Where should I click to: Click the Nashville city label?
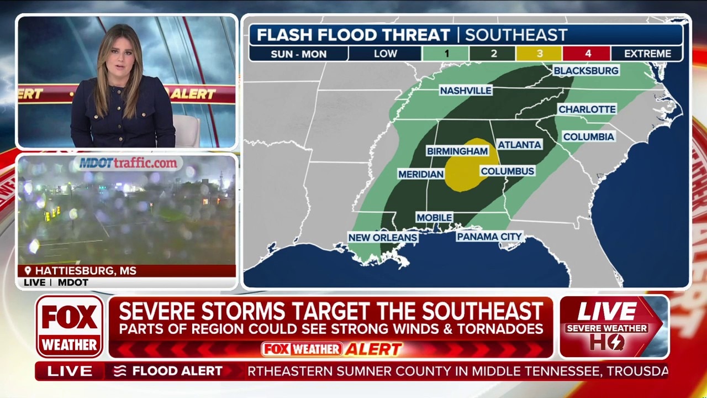[x=466, y=90]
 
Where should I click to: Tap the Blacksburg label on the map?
[x=585, y=70]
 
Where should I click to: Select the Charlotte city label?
[x=587, y=109]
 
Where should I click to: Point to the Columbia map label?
[x=588, y=137]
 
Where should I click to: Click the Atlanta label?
[x=519, y=144]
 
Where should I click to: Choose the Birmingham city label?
[x=457, y=151]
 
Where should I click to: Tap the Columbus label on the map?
[x=507, y=171]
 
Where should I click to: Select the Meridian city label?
[x=421, y=174]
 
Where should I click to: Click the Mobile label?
[x=434, y=218]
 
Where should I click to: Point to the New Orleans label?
[x=382, y=237]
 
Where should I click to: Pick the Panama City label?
[x=489, y=237]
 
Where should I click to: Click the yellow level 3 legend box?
[x=539, y=54]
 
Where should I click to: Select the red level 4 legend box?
[x=587, y=54]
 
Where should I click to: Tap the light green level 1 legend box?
[x=446, y=54]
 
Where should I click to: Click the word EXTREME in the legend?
[x=647, y=54]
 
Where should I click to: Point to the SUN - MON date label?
[x=299, y=54]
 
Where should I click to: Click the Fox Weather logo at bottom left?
[x=70, y=327]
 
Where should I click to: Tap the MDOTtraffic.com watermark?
[x=128, y=163]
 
